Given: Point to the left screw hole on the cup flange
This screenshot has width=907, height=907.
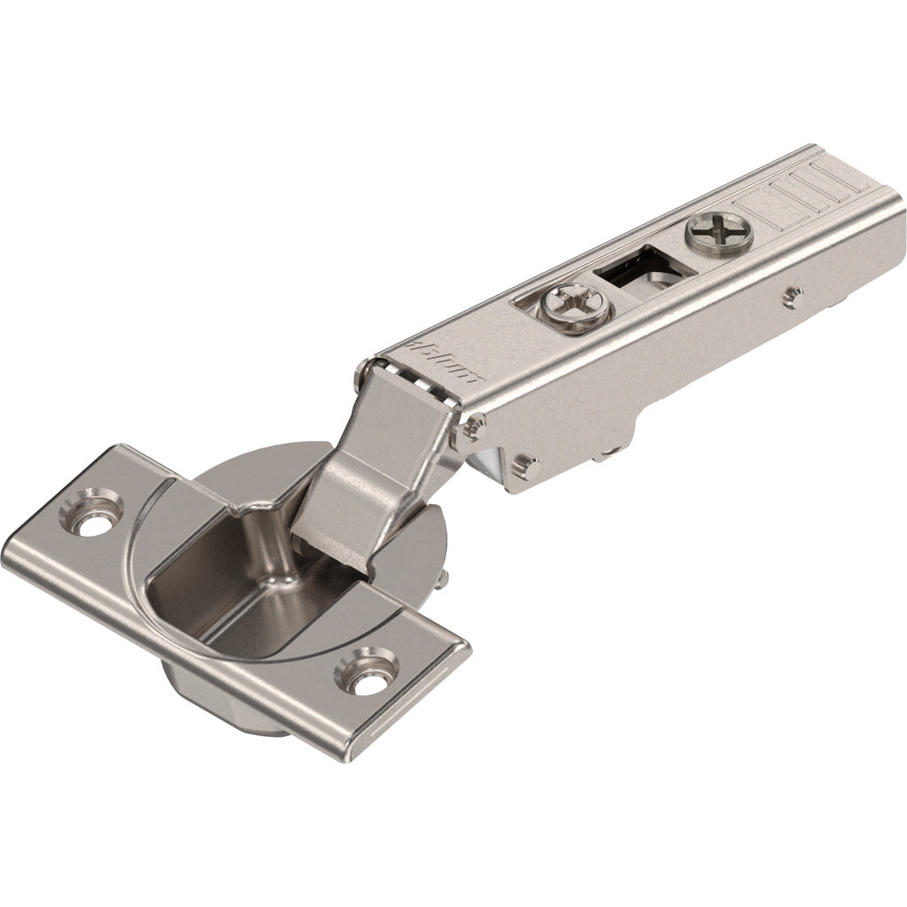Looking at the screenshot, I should click(92, 511).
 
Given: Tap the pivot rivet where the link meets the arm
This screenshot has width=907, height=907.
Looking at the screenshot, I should click(471, 428).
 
